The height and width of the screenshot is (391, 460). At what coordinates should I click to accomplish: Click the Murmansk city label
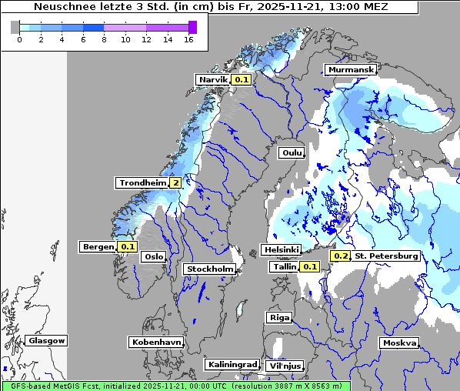(x=351, y=70)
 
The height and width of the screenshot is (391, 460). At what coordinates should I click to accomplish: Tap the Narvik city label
(x=213, y=79)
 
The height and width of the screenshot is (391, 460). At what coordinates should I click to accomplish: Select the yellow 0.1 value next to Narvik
(x=242, y=79)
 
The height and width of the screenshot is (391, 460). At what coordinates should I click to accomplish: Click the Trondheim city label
(x=142, y=182)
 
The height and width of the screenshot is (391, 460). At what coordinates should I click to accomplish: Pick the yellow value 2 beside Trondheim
(x=176, y=182)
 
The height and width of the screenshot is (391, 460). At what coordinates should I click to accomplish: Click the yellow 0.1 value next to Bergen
(x=128, y=247)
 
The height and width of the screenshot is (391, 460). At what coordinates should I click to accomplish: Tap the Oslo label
(x=154, y=256)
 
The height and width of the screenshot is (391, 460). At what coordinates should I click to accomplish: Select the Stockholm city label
(x=209, y=269)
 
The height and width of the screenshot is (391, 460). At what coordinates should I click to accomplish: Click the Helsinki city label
(x=281, y=249)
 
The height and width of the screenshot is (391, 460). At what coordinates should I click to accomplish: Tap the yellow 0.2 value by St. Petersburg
(x=340, y=256)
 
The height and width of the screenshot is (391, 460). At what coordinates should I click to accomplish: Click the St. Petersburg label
(x=386, y=256)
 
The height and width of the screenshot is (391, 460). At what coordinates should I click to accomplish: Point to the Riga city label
(x=278, y=317)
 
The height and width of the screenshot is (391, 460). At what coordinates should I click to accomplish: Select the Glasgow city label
(x=46, y=340)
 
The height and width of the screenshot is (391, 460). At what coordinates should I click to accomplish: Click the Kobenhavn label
(x=156, y=341)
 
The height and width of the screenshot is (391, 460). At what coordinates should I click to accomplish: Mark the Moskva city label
(x=399, y=343)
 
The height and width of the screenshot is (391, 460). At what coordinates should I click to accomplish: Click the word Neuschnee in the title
(x=61, y=7)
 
